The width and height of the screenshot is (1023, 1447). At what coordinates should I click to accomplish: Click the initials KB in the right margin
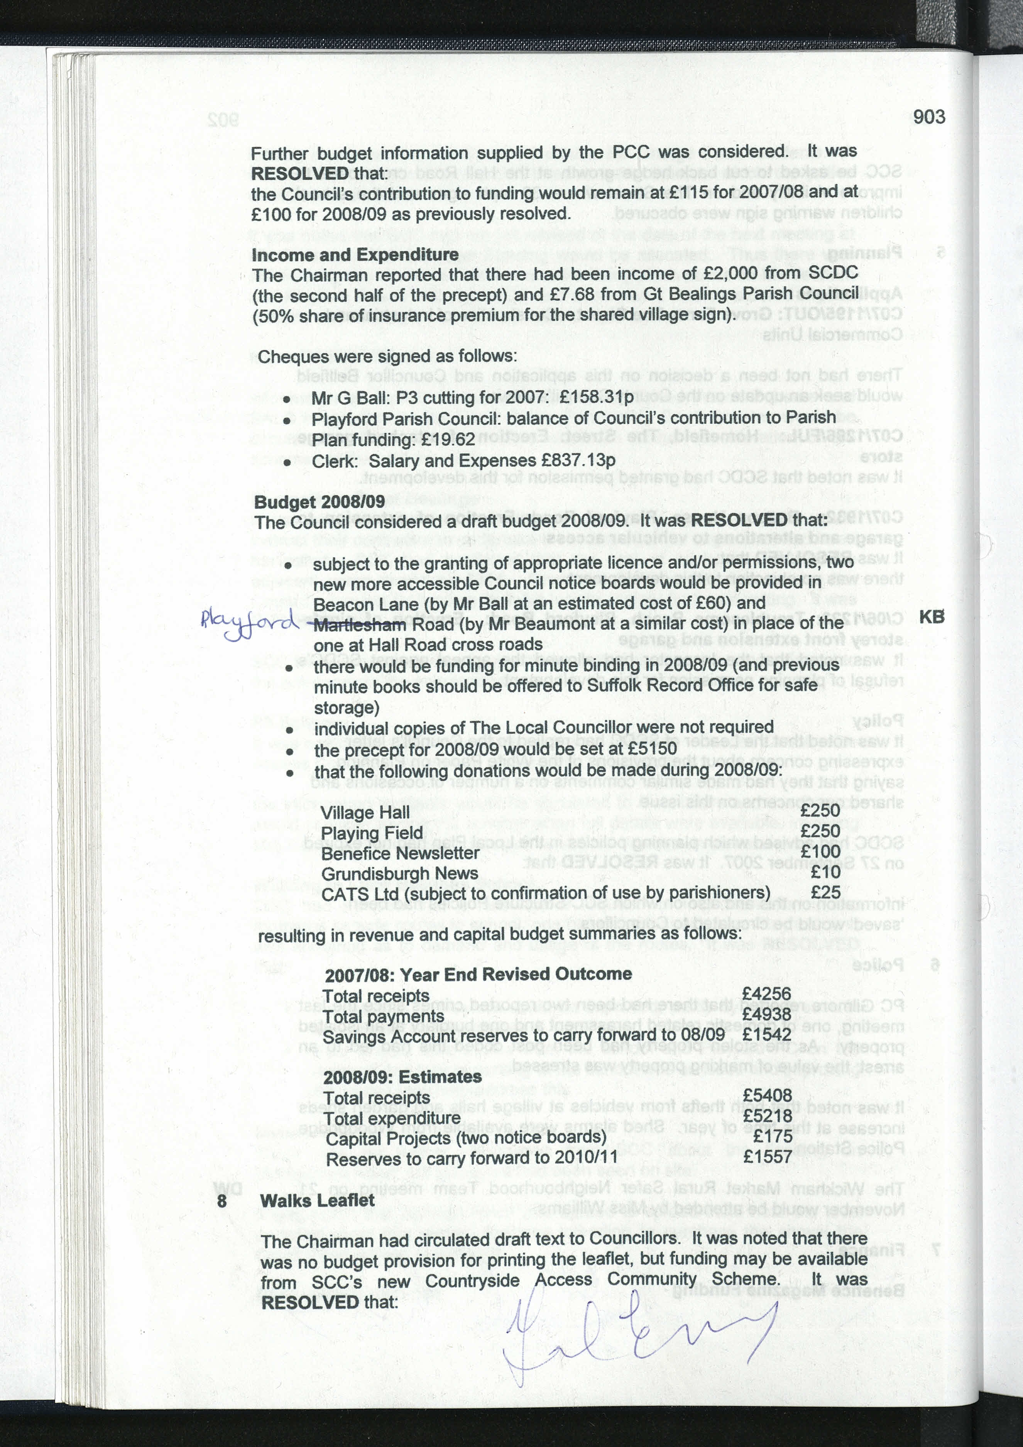click(x=932, y=617)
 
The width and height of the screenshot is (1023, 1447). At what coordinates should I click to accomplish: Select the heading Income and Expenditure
click(x=355, y=255)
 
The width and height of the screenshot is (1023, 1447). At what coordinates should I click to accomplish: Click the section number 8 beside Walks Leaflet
click(x=222, y=1201)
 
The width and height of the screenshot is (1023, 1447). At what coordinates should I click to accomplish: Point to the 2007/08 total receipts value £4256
click(x=766, y=994)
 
